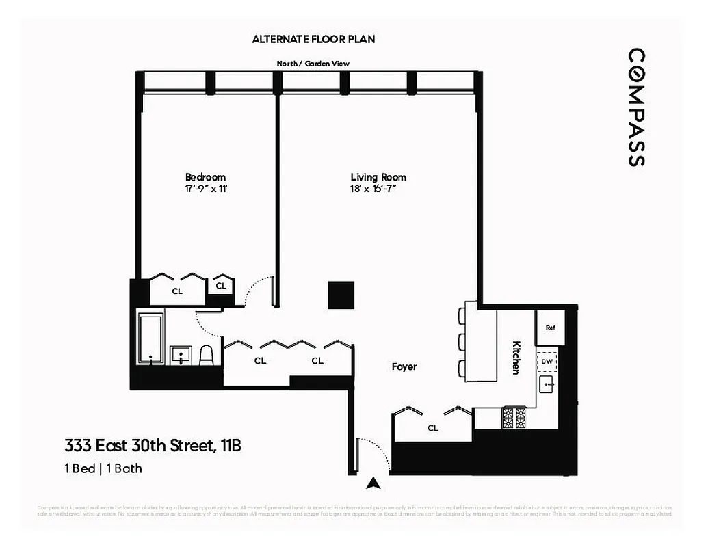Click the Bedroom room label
click(205, 177)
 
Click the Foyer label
click(404, 366)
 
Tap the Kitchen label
click(517, 357)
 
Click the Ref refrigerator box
click(550, 328)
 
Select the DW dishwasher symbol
click(547, 360)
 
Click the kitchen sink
click(547, 385)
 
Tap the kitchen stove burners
click(514, 417)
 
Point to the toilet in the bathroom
click(207, 356)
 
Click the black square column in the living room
click(340, 295)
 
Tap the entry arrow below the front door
click(373, 483)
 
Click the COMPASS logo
click(636, 107)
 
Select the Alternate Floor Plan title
click(313, 40)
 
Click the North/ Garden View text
click(313, 64)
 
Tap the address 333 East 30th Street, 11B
click(153, 446)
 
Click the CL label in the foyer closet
click(432, 429)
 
